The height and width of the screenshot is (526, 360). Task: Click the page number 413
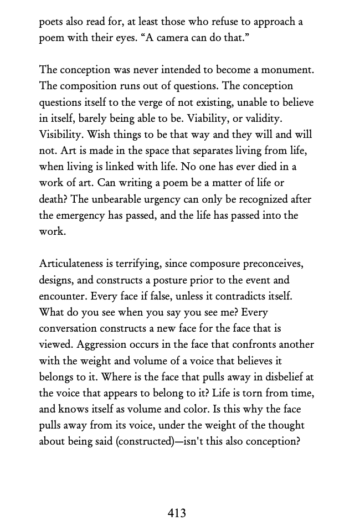177,513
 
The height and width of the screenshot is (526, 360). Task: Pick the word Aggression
102,344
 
